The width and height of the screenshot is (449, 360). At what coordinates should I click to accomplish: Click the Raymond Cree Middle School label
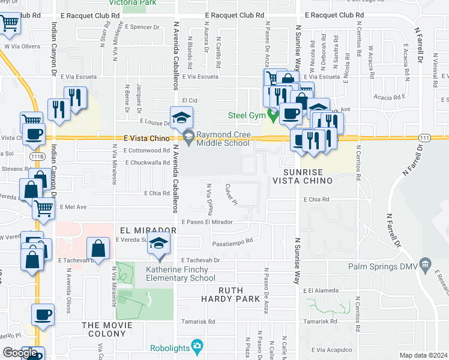coord(223,139)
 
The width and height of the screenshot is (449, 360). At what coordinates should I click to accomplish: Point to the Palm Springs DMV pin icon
coord(426,263)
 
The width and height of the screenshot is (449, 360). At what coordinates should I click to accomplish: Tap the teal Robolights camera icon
coord(196,346)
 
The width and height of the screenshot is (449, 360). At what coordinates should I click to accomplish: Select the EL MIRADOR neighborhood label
coord(143,230)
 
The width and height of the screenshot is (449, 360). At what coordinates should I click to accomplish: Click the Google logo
coord(19,353)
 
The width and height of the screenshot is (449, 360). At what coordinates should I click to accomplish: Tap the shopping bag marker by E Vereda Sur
coord(98,248)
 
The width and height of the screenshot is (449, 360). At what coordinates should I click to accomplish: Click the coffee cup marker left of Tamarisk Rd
coord(43,314)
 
